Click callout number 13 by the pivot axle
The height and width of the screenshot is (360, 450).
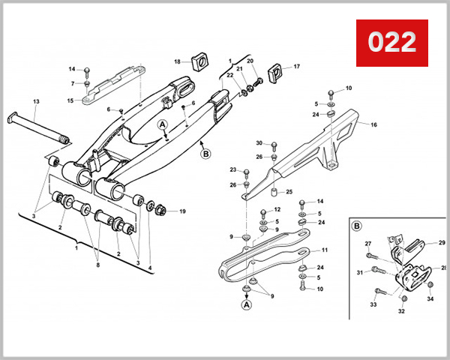click(x=36, y=101)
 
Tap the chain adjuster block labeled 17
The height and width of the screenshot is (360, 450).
click(x=274, y=74)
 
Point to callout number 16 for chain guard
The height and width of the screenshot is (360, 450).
click(x=373, y=125)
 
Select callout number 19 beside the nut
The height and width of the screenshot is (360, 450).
click(x=181, y=211)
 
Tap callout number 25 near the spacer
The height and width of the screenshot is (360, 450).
click(x=288, y=192)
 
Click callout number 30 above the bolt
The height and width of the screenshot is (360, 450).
click(x=259, y=143)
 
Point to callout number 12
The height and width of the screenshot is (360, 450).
click(x=276, y=210)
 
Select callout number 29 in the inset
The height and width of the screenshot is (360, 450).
click(x=442, y=242)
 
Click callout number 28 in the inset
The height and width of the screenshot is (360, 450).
click(x=444, y=268)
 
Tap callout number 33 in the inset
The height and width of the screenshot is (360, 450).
click(x=373, y=304)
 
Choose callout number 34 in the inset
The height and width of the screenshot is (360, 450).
click(x=430, y=298)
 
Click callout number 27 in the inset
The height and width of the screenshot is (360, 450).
click(x=368, y=244)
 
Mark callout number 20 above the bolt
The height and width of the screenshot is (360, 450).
click(x=250, y=61)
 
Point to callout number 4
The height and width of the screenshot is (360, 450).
click(x=149, y=268)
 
